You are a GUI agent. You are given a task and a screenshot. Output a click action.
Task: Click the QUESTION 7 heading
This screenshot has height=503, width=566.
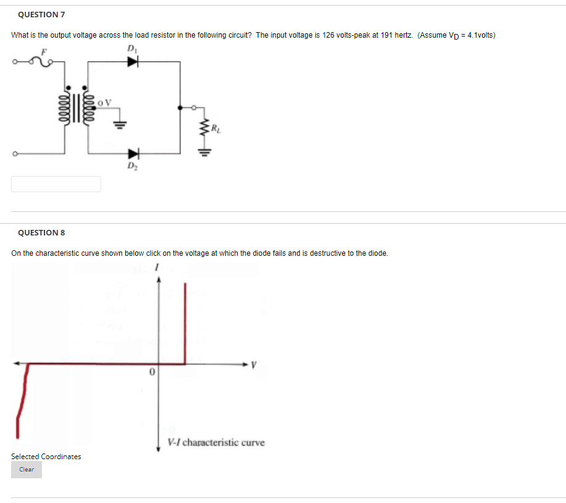point(41,14)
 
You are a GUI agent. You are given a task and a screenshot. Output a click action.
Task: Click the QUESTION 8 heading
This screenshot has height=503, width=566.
point(41,233)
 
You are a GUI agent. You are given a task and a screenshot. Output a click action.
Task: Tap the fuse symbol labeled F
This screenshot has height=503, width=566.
point(44,60)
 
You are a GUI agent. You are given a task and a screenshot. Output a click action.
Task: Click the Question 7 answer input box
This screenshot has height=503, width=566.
point(56,184)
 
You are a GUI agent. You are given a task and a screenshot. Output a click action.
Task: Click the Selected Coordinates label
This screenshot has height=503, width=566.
point(46,457)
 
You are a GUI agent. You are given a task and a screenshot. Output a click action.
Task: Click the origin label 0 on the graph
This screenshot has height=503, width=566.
point(151,373)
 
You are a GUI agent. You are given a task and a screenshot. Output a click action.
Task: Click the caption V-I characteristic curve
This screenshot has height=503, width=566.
point(216,442)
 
